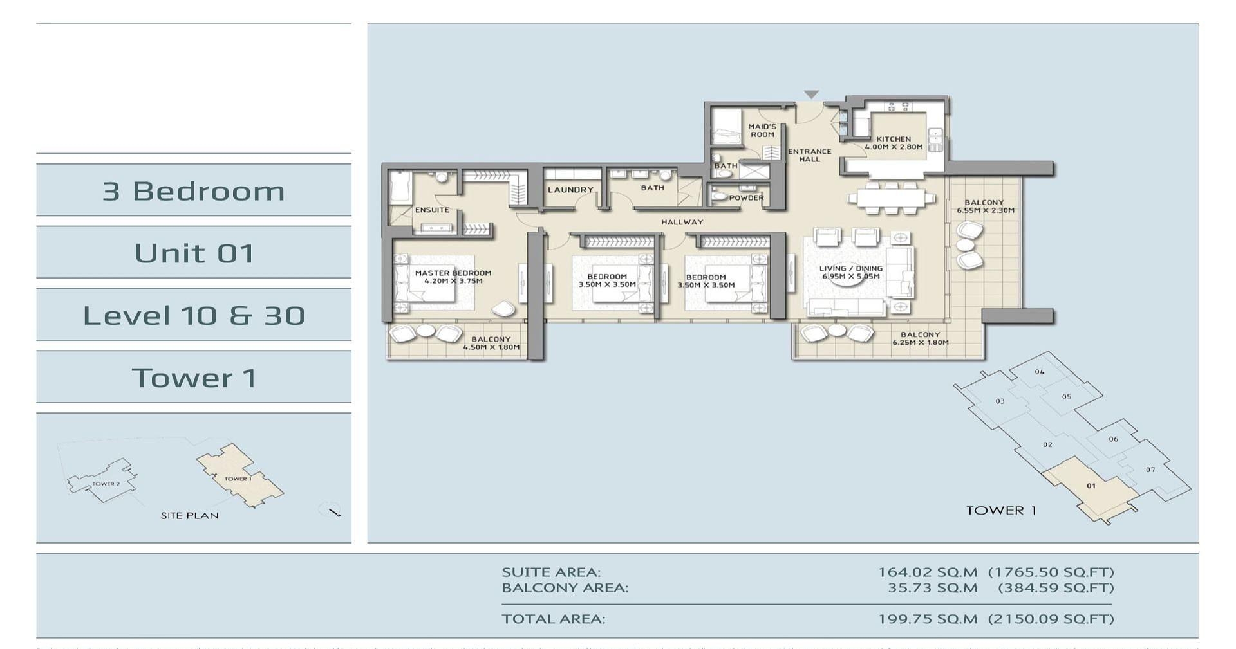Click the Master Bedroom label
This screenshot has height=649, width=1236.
(x=453, y=273)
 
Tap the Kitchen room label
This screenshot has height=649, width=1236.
(x=894, y=139)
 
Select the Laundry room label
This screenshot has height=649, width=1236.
(x=570, y=190)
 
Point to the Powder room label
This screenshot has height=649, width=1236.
(x=746, y=198)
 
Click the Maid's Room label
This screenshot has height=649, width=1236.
(x=762, y=131)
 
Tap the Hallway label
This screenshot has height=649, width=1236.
(x=682, y=223)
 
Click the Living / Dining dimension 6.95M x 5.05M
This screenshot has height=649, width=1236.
(x=850, y=277)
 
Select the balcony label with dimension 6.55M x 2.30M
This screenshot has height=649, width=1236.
(x=984, y=206)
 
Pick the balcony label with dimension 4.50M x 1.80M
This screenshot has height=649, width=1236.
(x=491, y=343)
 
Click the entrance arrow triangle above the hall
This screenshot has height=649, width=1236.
(x=811, y=95)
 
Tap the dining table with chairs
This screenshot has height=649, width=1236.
(x=895, y=198)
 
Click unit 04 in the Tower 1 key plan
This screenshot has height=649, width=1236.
(x=1040, y=372)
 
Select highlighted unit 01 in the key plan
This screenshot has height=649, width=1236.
(x=1091, y=486)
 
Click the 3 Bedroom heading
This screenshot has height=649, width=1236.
(x=194, y=191)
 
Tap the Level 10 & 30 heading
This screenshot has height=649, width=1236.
(x=194, y=315)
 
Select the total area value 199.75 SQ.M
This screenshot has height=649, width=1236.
(x=927, y=619)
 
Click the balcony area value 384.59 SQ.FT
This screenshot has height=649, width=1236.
(x=1056, y=587)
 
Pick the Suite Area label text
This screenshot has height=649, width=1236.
(x=551, y=572)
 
